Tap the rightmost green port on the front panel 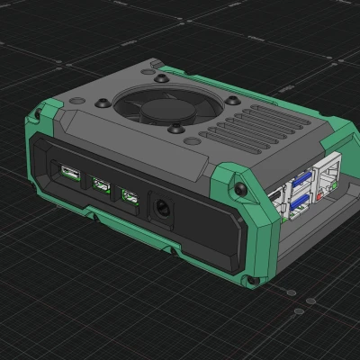(131, 197)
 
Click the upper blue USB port (299, 180)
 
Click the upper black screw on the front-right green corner (241, 189)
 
